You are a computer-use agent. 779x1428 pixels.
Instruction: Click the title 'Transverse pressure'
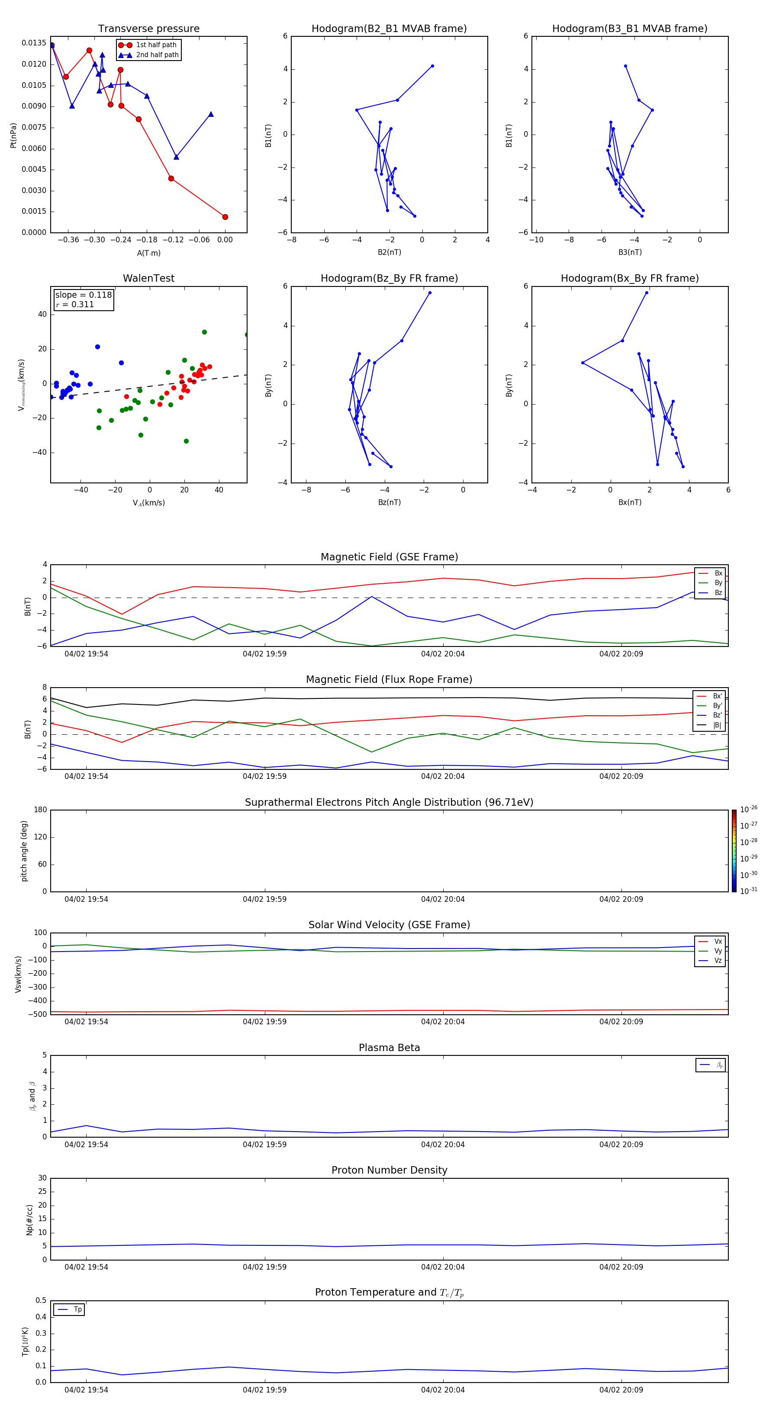[x=148, y=29]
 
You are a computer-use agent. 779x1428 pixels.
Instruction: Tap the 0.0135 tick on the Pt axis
[x=34, y=43]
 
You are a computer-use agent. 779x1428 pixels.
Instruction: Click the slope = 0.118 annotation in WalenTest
[x=83, y=295]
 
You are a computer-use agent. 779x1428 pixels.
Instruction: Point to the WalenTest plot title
[x=148, y=278]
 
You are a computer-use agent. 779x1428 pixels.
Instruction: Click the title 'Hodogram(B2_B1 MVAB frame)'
[x=389, y=29]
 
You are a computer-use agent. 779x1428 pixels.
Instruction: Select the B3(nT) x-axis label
[x=630, y=252]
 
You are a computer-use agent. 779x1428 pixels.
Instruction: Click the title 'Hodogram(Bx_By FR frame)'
[x=629, y=278]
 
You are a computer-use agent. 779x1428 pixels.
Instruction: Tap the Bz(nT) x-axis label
[x=389, y=502]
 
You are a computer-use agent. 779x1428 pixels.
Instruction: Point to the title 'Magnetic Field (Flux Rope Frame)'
[x=389, y=680]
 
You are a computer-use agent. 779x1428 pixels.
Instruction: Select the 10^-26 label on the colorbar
[x=749, y=809]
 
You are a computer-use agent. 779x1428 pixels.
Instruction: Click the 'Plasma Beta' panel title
[x=389, y=1048]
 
